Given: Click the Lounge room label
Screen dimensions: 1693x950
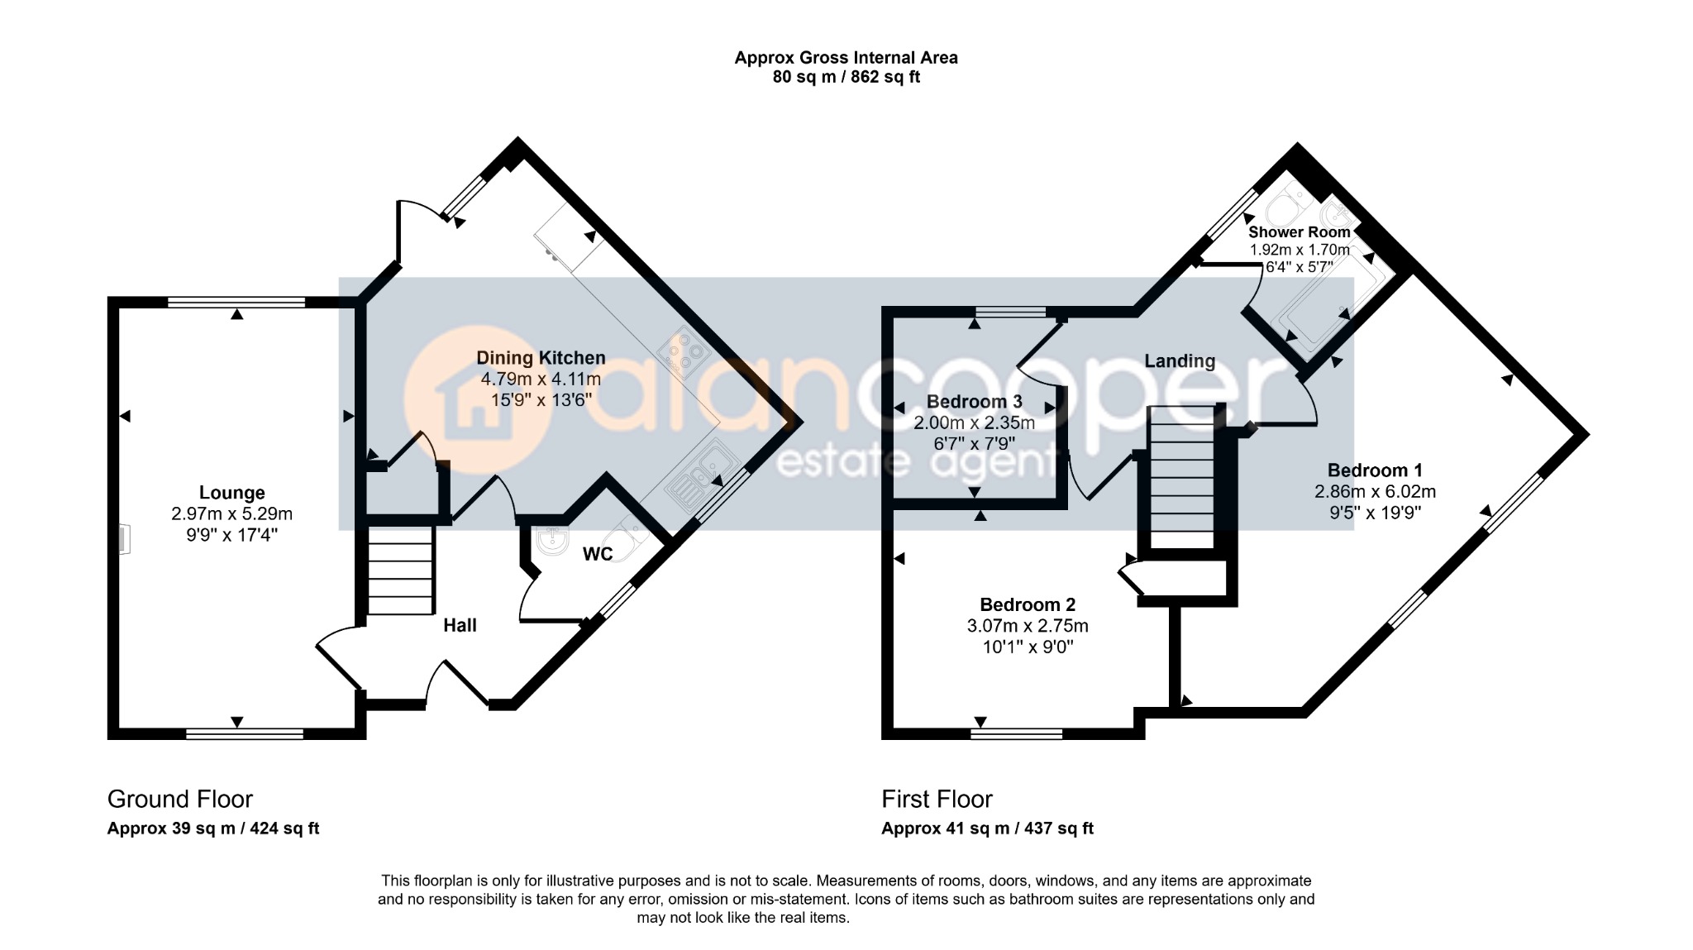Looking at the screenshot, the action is coord(231,493).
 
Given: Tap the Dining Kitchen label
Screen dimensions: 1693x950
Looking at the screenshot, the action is coord(541,358).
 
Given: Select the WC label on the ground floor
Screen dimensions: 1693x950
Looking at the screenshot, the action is coord(598,554).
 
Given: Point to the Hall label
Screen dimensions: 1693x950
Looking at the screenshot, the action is coord(460,625).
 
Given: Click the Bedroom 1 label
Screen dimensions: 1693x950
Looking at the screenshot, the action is coord(1375,470).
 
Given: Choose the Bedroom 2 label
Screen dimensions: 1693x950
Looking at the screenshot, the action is coord(1028,604).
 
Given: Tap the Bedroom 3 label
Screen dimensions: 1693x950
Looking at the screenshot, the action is coord(975,402).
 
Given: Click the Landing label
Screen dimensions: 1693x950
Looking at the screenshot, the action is coord(1180,361).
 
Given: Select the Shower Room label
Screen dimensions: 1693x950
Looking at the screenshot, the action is coord(1299,232).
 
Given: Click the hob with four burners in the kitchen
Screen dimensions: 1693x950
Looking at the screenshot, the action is coord(684,354).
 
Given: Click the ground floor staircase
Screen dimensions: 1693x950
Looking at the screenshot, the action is coord(400,572).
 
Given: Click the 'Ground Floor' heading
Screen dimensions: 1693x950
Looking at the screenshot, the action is coord(180,800).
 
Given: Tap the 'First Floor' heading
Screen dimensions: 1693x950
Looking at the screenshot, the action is coord(937,800).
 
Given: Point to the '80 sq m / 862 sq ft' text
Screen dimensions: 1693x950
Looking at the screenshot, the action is coord(846,77).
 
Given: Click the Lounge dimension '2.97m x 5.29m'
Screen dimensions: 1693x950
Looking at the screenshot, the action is coord(231,514).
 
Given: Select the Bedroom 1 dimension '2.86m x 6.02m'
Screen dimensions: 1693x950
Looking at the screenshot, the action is coord(1375,492).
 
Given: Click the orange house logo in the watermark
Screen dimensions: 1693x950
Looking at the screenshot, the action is coord(477,401).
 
